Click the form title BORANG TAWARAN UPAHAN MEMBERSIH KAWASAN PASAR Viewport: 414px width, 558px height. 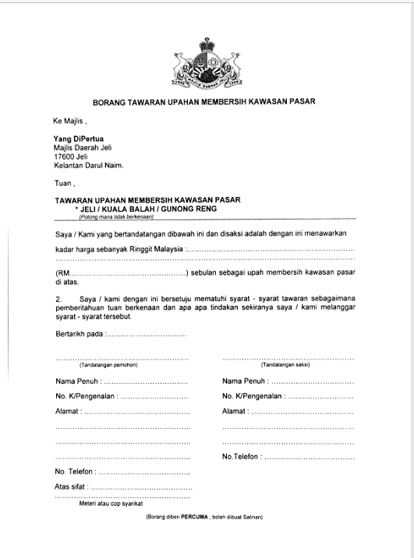tap(203, 103)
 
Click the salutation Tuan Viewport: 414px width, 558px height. tap(62, 184)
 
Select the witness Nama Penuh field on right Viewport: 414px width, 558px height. tap(312, 381)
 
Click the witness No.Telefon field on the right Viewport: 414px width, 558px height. tap(309, 456)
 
